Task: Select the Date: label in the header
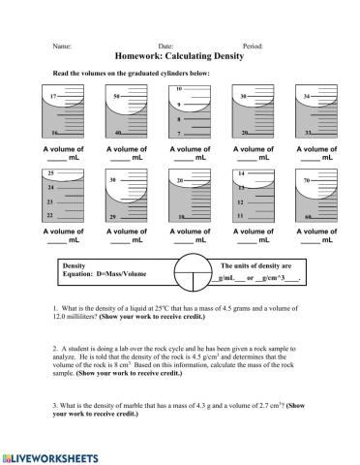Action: tap(165, 46)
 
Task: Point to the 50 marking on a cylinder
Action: tap(117, 97)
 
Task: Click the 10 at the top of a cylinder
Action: tap(179, 88)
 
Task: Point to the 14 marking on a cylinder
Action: tap(241, 172)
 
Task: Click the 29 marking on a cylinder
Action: tap(114, 218)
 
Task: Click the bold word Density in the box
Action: tap(75, 264)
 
